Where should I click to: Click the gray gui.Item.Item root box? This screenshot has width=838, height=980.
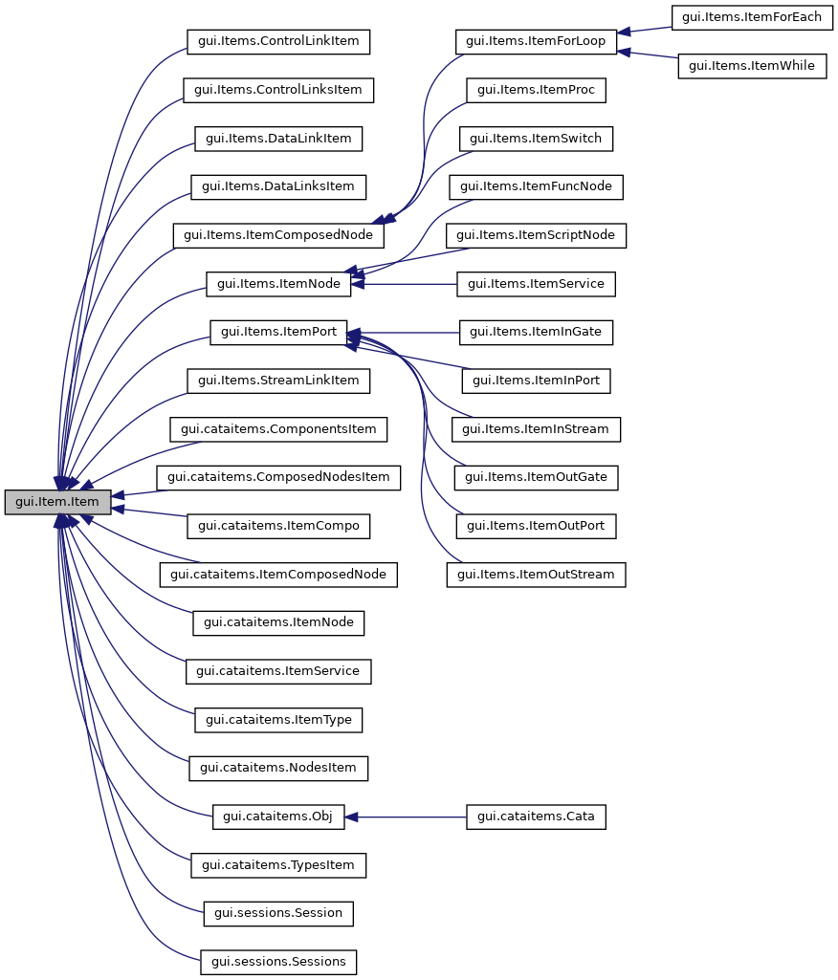(57, 502)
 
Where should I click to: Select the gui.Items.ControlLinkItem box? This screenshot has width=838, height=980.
(277, 42)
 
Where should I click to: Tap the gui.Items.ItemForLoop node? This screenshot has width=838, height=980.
(535, 42)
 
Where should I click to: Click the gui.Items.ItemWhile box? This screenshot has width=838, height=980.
(752, 67)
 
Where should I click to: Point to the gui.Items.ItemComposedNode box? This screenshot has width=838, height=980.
(277, 235)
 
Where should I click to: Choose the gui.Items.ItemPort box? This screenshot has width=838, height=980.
(277, 333)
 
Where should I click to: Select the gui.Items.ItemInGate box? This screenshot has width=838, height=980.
(536, 333)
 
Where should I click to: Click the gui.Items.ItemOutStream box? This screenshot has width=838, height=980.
(536, 575)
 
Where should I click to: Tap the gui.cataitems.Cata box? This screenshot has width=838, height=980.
(536, 817)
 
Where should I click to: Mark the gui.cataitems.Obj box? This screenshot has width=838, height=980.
(277, 817)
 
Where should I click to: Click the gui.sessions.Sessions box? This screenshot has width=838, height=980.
(278, 962)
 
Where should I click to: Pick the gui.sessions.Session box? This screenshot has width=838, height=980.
(278, 913)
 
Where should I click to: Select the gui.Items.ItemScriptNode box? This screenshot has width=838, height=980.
(536, 235)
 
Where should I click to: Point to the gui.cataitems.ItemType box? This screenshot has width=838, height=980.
(278, 720)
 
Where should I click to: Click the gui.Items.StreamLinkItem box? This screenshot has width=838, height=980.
(278, 381)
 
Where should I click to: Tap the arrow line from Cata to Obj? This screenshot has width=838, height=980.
(411, 817)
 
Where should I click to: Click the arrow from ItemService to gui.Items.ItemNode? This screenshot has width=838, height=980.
(411, 284)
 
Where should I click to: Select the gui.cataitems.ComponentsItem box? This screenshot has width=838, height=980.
(278, 429)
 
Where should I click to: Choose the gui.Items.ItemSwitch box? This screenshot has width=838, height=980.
(536, 139)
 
